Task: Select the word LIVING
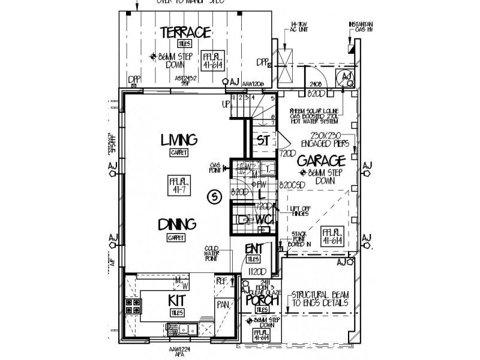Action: pyautogui.click(x=178, y=140)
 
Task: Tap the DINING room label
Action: pyautogui.click(x=178, y=224)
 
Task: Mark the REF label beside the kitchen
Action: pyautogui.click(x=223, y=280)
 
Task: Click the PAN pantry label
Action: pyautogui.click(x=224, y=304)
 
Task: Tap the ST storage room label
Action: pyautogui.click(x=262, y=140)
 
